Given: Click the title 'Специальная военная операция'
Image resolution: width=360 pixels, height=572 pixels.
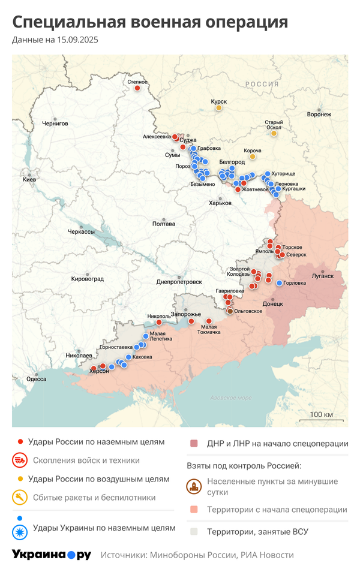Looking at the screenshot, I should (150, 22).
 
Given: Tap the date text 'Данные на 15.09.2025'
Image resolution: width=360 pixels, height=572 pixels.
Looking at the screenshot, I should (55, 40).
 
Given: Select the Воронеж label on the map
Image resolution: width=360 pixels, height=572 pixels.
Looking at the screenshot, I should (319, 114).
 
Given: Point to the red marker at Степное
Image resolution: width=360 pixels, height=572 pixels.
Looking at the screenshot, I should (137, 89).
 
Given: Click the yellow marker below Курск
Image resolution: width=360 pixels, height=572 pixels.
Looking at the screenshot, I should (219, 108).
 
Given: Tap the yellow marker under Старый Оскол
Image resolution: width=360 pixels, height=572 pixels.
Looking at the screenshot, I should (274, 133).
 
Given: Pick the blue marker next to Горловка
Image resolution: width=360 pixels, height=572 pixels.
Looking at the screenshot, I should (279, 283).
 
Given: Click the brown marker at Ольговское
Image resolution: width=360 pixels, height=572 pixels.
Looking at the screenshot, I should (230, 311).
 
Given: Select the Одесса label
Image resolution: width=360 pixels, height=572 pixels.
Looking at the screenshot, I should (36, 379).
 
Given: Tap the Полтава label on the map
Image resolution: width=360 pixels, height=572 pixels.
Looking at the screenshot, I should (164, 224).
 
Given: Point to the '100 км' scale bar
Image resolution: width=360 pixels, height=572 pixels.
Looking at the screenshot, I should (321, 418).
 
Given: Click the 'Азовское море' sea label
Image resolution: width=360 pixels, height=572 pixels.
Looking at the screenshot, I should (231, 398).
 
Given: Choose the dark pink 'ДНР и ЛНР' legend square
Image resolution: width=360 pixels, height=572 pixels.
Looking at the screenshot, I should (194, 444).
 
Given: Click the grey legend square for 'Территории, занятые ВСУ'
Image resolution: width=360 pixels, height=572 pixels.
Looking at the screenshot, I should (194, 531).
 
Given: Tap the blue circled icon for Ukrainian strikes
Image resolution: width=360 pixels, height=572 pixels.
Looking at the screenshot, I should (20, 528).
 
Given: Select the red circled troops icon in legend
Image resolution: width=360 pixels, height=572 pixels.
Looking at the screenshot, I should (20, 460).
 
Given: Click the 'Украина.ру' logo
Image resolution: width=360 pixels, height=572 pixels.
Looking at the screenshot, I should (52, 555).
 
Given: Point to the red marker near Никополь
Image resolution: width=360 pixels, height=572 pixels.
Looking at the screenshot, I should (159, 322).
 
